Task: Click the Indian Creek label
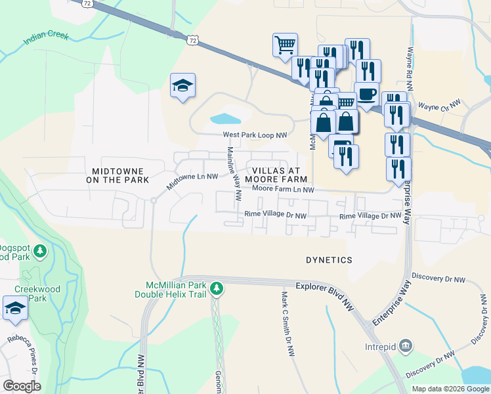[x=46, y=37]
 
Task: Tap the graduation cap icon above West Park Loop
[x=183, y=86]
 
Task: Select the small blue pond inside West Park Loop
[x=226, y=120]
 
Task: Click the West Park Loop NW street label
[x=255, y=135]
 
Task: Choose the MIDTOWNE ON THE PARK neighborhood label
[x=117, y=175]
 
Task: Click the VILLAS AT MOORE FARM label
[x=276, y=174]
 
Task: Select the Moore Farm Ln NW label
[x=284, y=190]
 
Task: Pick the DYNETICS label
[x=329, y=260]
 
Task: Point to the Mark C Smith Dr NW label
[x=287, y=324]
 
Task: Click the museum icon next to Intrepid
[x=406, y=345]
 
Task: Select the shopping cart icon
[x=285, y=45]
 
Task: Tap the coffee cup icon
[x=366, y=93]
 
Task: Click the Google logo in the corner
[x=22, y=386]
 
